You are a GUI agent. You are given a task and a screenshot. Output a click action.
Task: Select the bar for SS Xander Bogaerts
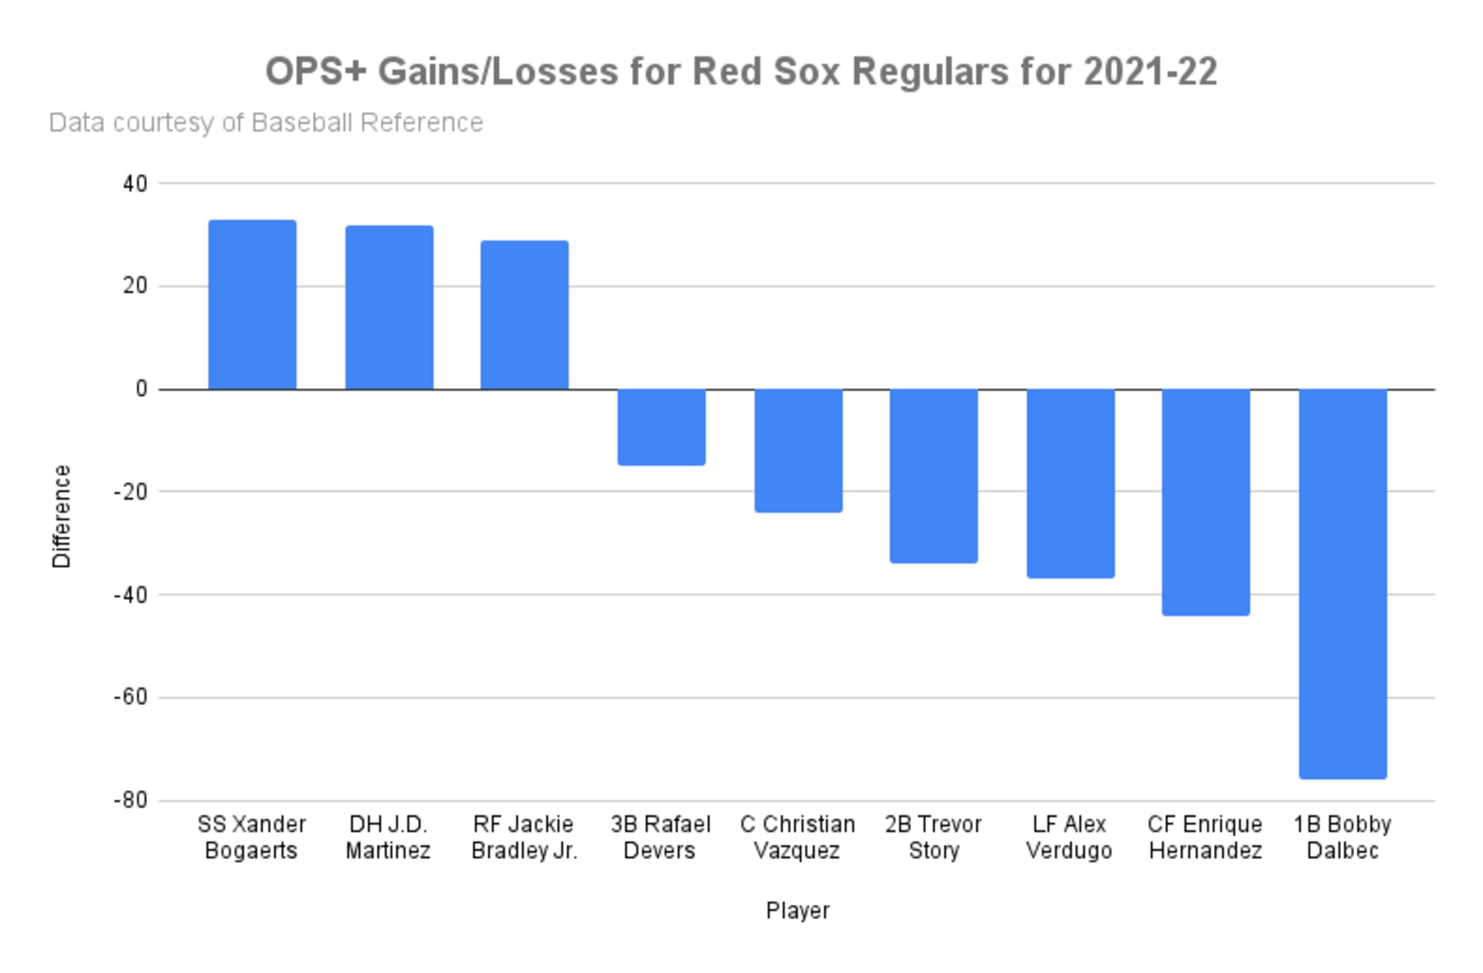pos(253,305)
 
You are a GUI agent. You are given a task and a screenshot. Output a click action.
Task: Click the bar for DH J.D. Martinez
pos(389,307)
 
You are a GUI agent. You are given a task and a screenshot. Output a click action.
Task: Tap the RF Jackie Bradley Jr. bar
pos(525,315)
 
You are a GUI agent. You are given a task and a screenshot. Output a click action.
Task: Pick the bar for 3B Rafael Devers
pos(662,427)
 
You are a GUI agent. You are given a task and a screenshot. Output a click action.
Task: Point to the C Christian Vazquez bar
pos(799,451)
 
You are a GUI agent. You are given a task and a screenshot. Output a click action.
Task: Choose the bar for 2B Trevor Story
pos(934,476)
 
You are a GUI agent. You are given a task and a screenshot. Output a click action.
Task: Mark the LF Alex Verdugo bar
pos(1071,484)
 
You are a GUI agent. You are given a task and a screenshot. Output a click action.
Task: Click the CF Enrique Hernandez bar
pos(1206,502)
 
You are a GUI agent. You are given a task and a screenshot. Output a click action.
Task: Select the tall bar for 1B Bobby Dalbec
pos(1343,584)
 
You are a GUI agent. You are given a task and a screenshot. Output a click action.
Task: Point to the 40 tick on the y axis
pos(135,184)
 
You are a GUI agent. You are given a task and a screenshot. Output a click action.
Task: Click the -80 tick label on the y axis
pos(131,800)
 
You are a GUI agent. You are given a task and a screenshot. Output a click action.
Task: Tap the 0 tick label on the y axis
pos(142,389)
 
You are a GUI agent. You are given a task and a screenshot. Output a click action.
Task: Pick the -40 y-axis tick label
pos(131,595)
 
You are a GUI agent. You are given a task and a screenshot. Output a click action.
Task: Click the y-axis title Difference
pos(61,517)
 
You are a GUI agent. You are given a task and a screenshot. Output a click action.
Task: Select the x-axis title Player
pos(798,910)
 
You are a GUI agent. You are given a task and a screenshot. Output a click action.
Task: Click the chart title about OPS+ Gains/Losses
pos(741,71)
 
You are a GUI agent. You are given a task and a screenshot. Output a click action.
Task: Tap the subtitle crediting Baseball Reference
pos(266,123)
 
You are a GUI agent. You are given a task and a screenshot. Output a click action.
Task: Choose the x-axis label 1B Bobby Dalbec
pos(1343,837)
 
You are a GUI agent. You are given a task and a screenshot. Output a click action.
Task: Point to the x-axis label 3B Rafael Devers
pos(660,837)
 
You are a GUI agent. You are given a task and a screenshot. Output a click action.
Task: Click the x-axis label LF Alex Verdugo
pos(1070,837)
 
